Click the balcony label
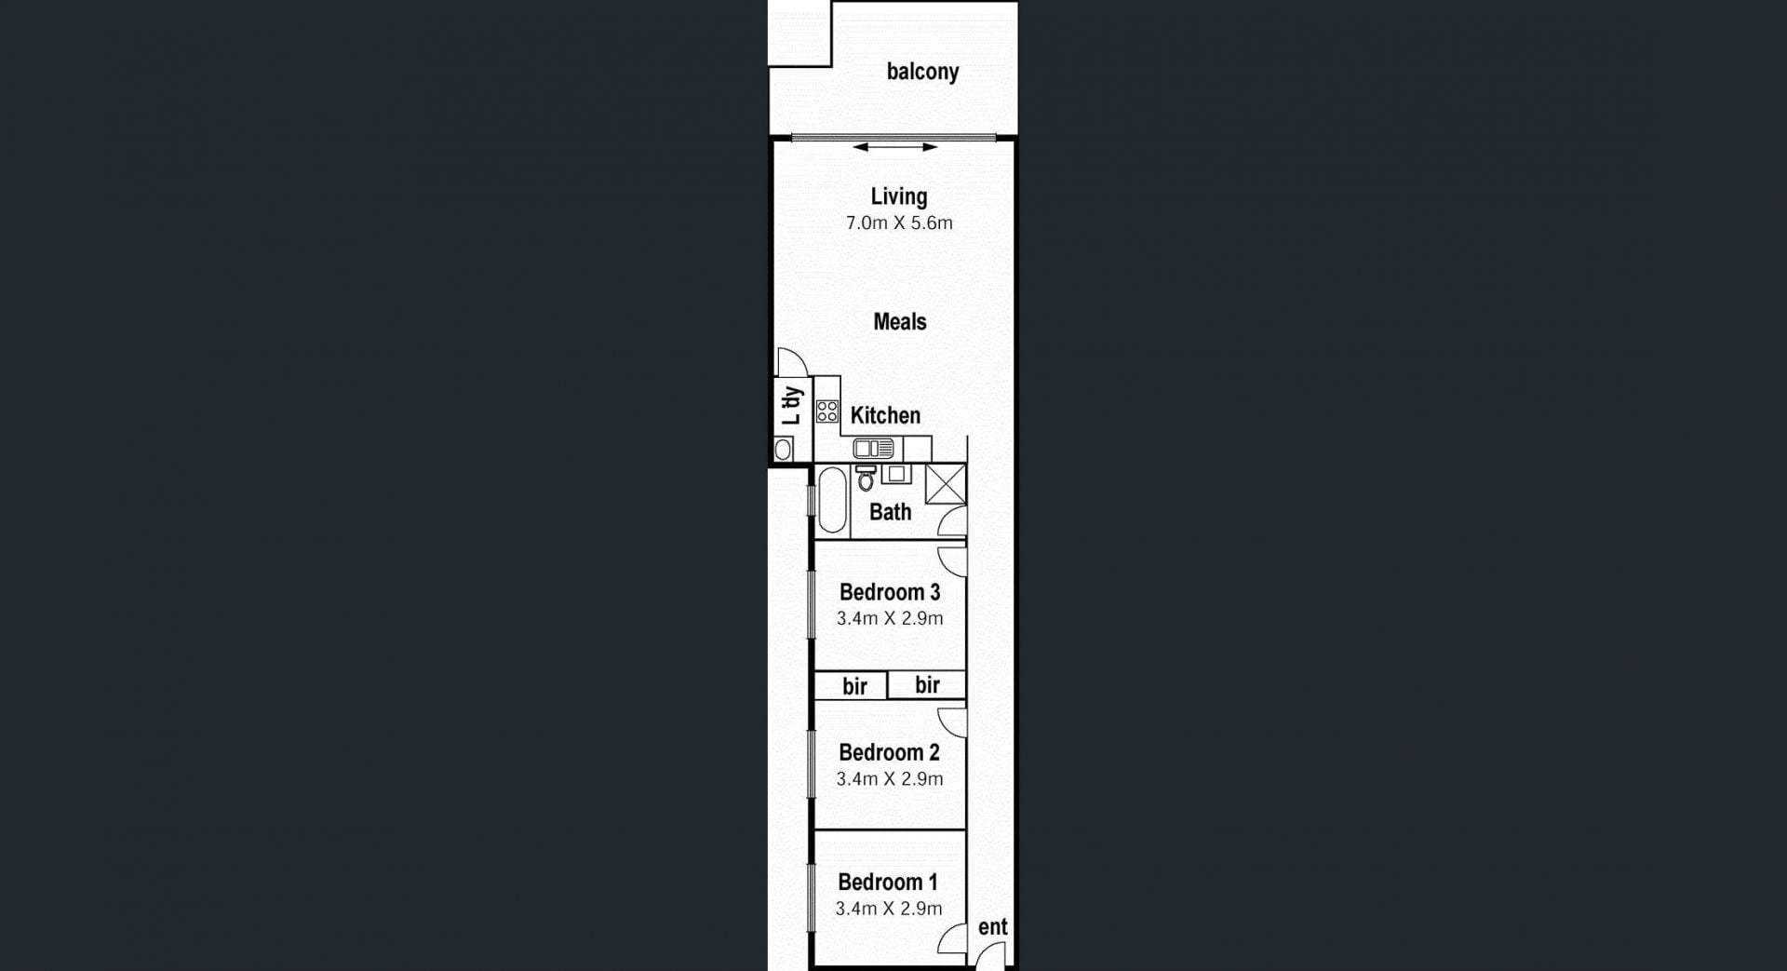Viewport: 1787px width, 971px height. (x=922, y=72)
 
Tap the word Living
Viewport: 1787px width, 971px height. (x=899, y=196)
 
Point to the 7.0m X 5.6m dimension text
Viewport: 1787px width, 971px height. (x=899, y=223)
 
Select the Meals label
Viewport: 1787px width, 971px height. (x=900, y=322)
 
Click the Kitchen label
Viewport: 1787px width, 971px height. (x=885, y=415)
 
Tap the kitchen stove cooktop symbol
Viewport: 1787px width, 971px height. (x=827, y=411)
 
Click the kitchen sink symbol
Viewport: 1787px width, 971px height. (x=874, y=449)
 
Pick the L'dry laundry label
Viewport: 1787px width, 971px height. (x=791, y=406)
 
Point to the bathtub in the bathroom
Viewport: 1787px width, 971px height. (x=832, y=500)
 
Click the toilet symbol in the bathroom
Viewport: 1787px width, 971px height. (x=866, y=478)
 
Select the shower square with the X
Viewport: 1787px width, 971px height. (x=946, y=484)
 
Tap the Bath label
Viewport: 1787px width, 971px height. (x=891, y=512)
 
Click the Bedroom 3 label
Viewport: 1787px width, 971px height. (x=890, y=592)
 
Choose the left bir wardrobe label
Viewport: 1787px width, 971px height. (x=855, y=686)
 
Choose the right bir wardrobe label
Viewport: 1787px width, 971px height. (x=928, y=685)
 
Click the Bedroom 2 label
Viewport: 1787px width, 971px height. (x=889, y=752)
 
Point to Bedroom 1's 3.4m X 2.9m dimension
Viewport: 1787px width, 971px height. (x=889, y=909)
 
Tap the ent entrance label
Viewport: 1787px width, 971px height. (x=993, y=927)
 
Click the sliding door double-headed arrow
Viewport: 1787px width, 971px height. (x=895, y=147)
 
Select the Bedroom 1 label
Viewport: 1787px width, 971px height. (x=888, y=882)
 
